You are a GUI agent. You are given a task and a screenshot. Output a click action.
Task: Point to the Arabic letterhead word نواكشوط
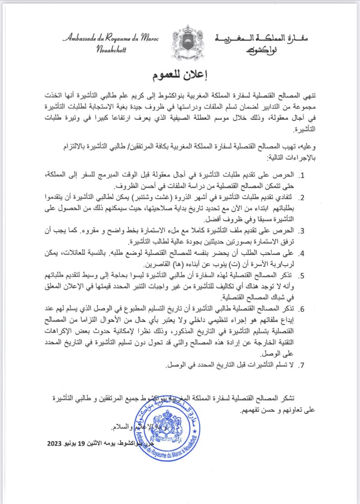click(x=257, y=50)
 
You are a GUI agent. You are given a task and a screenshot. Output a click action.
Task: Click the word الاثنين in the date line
click(x=110, y=443)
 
